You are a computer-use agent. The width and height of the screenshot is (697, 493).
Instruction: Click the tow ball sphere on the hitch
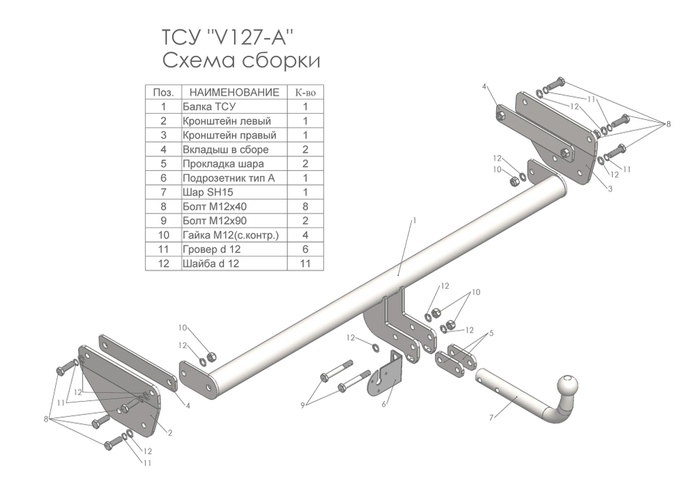pyautogui.click(x=569, y=386)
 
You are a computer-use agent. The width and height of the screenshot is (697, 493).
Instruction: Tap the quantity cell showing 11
pyautogui.click(x=305, y=264)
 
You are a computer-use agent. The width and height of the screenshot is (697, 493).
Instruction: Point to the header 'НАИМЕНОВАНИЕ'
pyautogui.click(x=234, y=93)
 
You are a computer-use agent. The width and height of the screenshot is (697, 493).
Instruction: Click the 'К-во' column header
pyautogui.click(x=305, y=93)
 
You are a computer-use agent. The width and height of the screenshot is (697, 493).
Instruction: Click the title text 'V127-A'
pyautogui.click(x=250, y=38)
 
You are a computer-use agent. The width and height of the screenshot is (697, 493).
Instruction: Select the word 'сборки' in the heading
pyautogui.click(x=281, y=60)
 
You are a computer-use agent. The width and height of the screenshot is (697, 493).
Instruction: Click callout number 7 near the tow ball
pyautogui.click(x=491, y=418)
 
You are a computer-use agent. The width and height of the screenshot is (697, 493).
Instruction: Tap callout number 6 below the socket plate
pyautogui.click(x=383, y=404)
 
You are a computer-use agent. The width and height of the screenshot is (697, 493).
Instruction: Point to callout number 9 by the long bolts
pyautogui.click(x=302, y=405)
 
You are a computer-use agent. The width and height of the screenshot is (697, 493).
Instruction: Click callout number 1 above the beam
pyautogui.click(x=414, y=220)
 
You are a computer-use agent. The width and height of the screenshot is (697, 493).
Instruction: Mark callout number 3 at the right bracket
pyautogui.click(x=611, y=189)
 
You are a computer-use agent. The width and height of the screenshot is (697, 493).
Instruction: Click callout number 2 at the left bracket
pyautogui.click(x=170, y=432)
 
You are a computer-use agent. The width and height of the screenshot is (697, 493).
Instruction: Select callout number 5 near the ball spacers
pyautogui.click(x=491, y=333)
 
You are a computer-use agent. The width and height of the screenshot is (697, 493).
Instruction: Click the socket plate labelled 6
pyautogui.click(x=385, y=373)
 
